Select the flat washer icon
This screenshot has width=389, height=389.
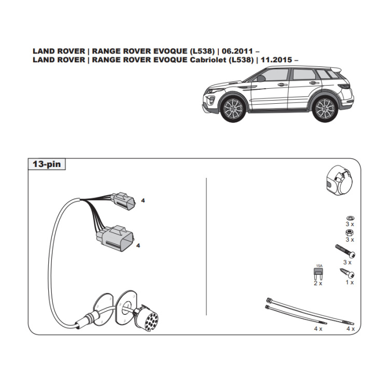(x=350, y=218)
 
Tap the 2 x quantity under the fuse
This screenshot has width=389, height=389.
(x=317, y=283)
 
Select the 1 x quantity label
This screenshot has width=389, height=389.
(x=349, y=282)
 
